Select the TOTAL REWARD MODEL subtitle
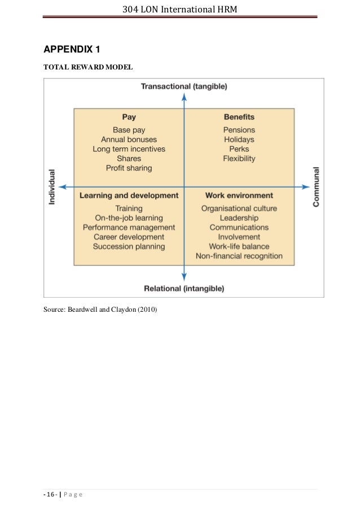(x=89, y=67)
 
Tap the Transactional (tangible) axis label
(x=183, y=86)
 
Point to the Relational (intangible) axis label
(x=184, y=288)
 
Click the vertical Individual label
(x=52, y=187)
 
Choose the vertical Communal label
(x=316, y=186)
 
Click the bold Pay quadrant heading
(x=129, y=117)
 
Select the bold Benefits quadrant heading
(x=239, y=117)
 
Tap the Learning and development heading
(x=129, y=195)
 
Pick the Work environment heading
(x=239, y=195)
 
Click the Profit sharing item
(x=129, y=168)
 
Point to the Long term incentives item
(x=129, y=149)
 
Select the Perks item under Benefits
(x=239, y=149)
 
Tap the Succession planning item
(x=129, y=246)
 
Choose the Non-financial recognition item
(x=239, y=256)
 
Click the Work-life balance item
(x=239, y=246)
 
